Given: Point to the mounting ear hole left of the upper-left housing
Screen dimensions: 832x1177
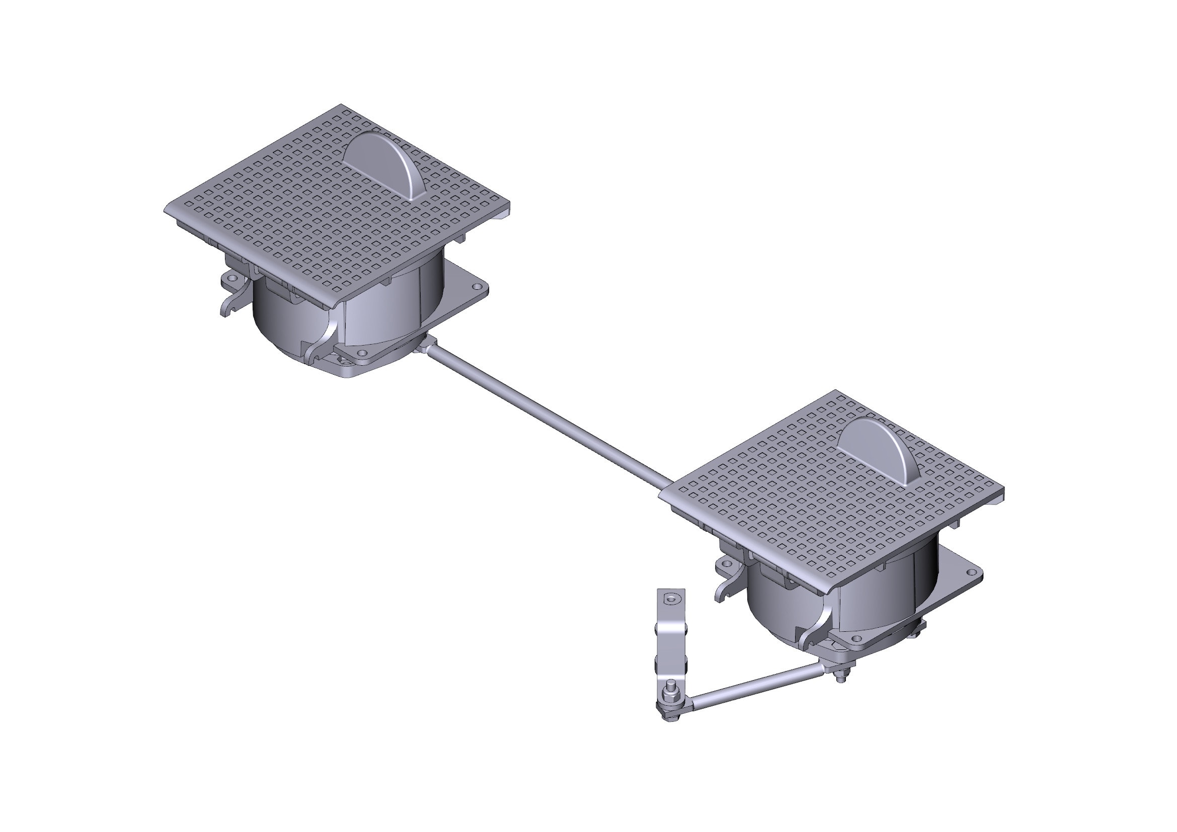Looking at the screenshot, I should coord(230,279).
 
